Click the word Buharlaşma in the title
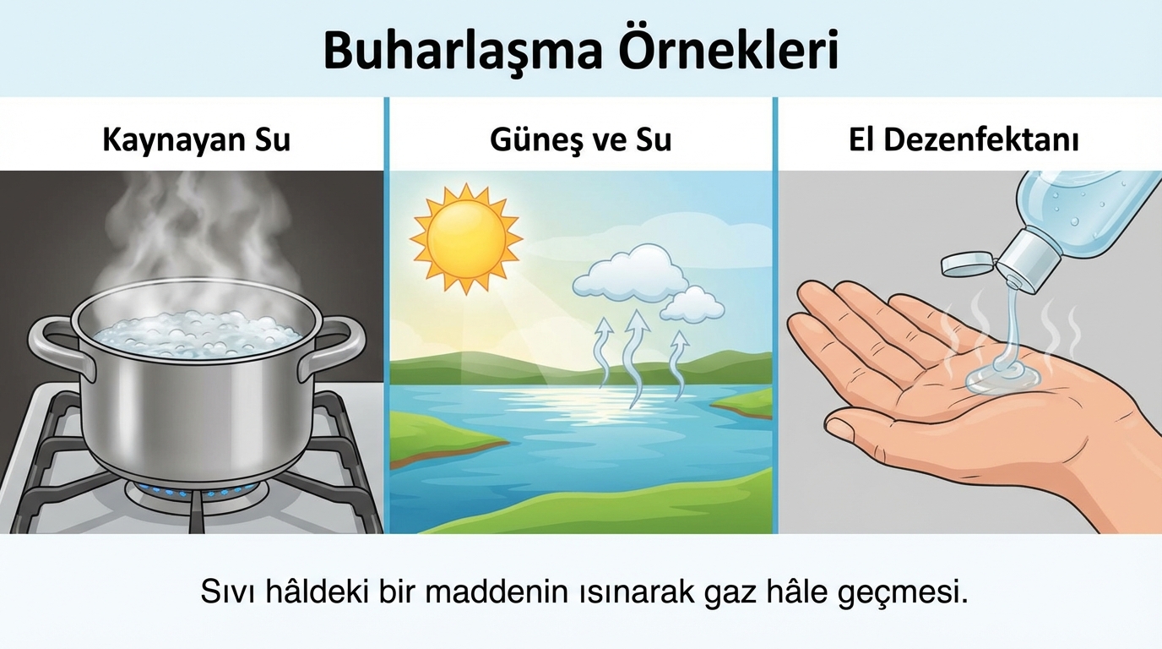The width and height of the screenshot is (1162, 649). tap(464, 52)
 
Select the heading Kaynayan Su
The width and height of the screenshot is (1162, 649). tap(196, 140)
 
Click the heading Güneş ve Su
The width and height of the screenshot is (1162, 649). tap(580, 140)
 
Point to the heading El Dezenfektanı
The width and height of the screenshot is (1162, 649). tap(964, 140)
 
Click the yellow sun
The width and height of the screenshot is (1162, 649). tap(466, 239)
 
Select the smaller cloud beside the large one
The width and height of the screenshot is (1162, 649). tap(692, 305)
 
